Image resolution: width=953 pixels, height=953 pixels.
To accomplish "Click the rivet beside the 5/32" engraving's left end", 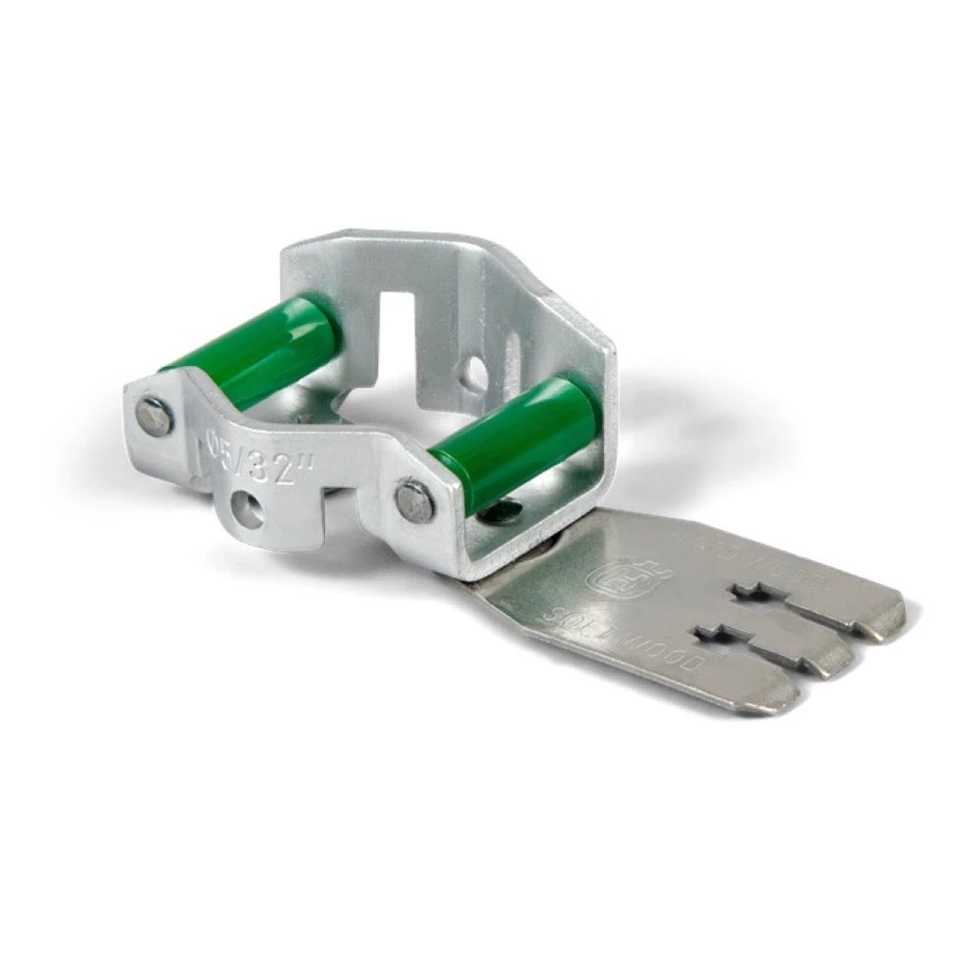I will (153, 416).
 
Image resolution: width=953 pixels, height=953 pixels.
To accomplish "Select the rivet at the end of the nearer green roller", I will (415, 500).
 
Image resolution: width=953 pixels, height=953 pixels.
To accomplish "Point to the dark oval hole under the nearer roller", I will (495, 515).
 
